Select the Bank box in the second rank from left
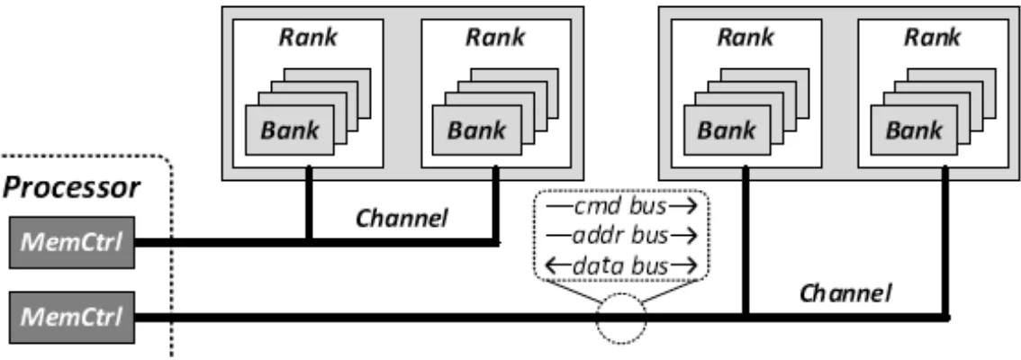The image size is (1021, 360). [478, 129]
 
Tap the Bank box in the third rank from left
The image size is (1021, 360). [727, 129]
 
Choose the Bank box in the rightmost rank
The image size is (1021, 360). [915, 129]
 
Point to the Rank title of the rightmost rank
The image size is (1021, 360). [933, 38]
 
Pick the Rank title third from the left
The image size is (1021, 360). [745, 38]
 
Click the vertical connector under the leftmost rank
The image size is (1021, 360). [309, 203]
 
